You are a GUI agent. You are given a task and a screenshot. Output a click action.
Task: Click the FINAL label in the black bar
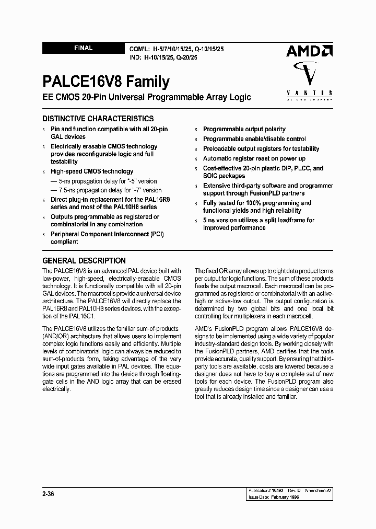click(83, 48)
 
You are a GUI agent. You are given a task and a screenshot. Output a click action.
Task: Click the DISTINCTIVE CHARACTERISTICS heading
click(98, 119)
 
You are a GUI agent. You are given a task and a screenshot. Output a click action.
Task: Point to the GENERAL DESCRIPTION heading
click(84, 260)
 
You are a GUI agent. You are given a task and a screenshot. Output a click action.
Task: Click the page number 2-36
click(49, 492)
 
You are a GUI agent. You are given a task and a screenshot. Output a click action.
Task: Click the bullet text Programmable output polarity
click(244, 129)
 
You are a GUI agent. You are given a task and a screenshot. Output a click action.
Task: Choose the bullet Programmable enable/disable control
click(254, 139)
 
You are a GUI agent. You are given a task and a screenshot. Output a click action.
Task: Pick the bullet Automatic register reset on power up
click(254, 158)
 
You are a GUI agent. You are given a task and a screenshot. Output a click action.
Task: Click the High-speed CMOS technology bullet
click(91, 171)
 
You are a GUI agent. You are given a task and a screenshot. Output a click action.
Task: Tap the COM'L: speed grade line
click(178, 48)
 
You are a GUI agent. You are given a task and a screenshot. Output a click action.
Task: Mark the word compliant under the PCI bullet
click(64, 241)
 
